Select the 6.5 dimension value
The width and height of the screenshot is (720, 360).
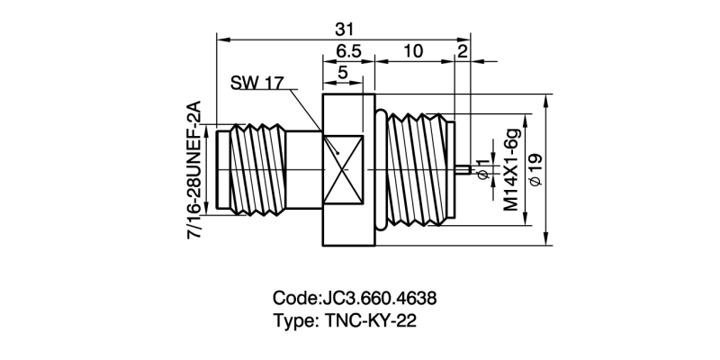[x=348, y=51]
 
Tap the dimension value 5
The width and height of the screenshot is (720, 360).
[x=342, y=73]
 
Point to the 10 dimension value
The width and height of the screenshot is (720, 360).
[x=412, y=51]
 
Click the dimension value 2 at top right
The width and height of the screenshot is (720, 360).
[x=462, y=51]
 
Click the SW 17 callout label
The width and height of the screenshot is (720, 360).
[x=256, y=83]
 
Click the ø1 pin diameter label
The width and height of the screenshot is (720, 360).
[x=483, y=168]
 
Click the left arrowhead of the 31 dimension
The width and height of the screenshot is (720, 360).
[x=221, y=39]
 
